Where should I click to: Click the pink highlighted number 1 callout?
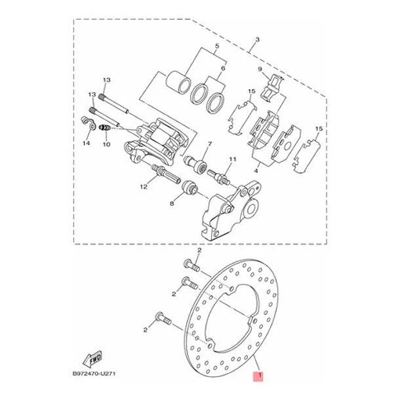258,376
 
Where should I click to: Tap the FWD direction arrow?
92,359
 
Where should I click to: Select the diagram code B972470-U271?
94,374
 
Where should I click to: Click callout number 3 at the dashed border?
258,39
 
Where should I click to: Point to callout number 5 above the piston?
217,46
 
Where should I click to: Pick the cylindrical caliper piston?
178,82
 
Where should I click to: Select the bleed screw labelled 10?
104,127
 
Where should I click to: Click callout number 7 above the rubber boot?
210,144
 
